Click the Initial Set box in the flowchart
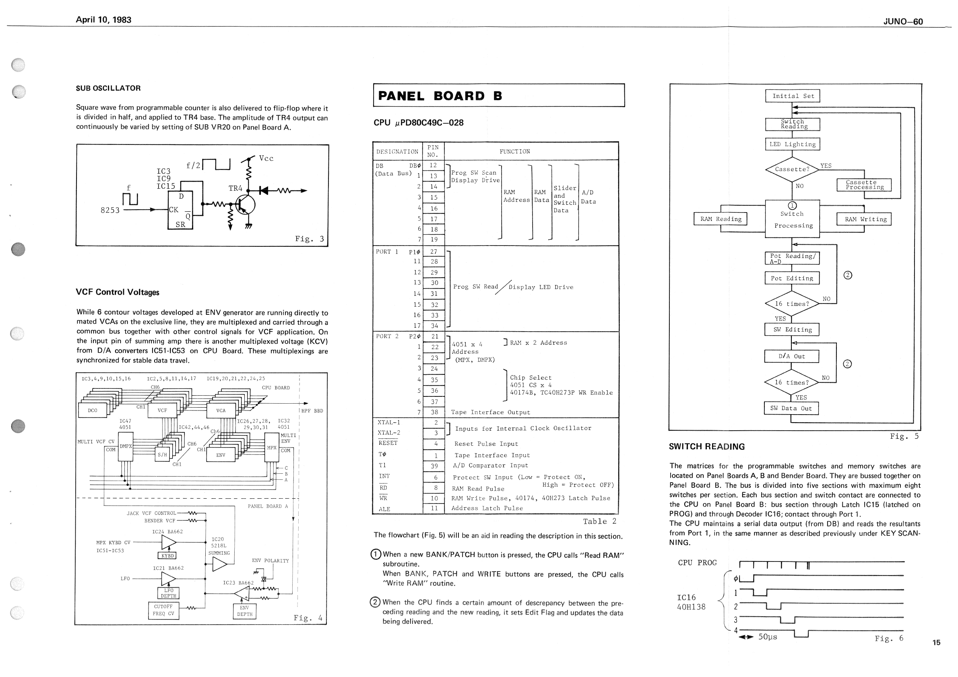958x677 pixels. (x=792, y=96)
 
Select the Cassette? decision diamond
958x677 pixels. (x=792, y=169)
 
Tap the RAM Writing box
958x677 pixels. (x=864, y=219)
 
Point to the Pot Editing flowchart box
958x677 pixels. (x=791, y=278)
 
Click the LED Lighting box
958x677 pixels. (x=792, y=144)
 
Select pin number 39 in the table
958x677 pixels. (x=434, y=466)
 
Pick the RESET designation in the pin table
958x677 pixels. (x=388, y=443)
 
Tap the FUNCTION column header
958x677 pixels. (x=514, y=151)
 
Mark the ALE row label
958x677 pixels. (x=384, y=509)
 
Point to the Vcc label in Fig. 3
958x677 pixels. (x=266, y=159)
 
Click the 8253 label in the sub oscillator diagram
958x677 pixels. (x=110, y=210)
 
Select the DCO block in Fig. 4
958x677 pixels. (x=93, y=411)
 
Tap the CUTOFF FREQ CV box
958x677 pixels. (x=163, y=610)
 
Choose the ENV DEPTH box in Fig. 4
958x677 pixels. (x=244, y=611)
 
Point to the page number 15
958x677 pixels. (x=936, y=642)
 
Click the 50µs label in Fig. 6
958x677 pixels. (x=767, y=637)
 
